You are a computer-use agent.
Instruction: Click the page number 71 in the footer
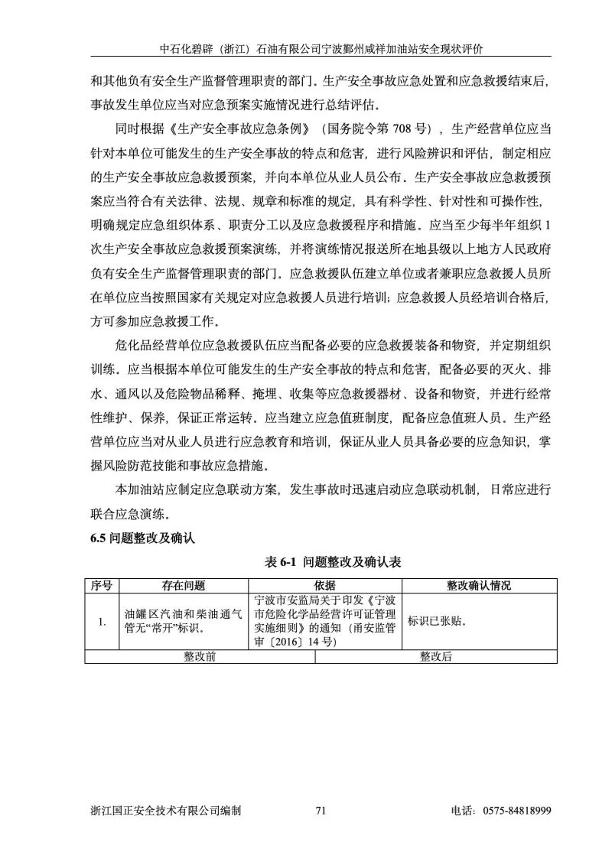tap(321, 810)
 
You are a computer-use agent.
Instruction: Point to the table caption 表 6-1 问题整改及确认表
tap(333, 561)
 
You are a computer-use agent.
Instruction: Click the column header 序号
tap(102, 586)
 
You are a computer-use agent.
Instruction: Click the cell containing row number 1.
tap(102, 621)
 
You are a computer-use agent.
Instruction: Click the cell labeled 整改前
tap(200, 656)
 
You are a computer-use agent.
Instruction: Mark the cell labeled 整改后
tap(436, 656)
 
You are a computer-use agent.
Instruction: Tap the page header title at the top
tap(321, 48)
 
